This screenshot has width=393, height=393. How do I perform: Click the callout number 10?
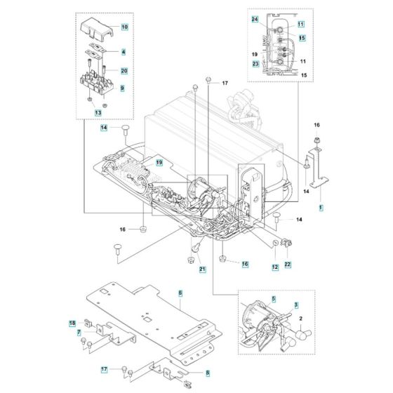(125, 27)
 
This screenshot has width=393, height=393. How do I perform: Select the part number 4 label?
(124, 52)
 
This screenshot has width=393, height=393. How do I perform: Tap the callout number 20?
(124, 71)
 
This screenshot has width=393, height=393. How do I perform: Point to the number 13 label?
(98, 113)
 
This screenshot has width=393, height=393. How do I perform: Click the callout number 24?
(255, 20)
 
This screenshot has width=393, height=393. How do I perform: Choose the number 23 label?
(255, 64)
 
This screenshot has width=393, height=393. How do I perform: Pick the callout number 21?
(202, 269)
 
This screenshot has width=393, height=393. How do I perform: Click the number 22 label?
(288, 265)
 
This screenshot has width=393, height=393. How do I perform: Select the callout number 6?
(180, 293)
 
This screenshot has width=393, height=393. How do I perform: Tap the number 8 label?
(208, 373)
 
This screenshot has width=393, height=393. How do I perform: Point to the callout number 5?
(274, 299)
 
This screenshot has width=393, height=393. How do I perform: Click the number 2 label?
(301, 319)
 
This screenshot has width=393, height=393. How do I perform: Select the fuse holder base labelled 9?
(97, 81)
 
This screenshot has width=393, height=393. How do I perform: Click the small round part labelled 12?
(275, 243)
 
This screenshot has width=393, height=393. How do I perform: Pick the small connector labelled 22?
(287, 243)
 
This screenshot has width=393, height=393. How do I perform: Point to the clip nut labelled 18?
(88, 323)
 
